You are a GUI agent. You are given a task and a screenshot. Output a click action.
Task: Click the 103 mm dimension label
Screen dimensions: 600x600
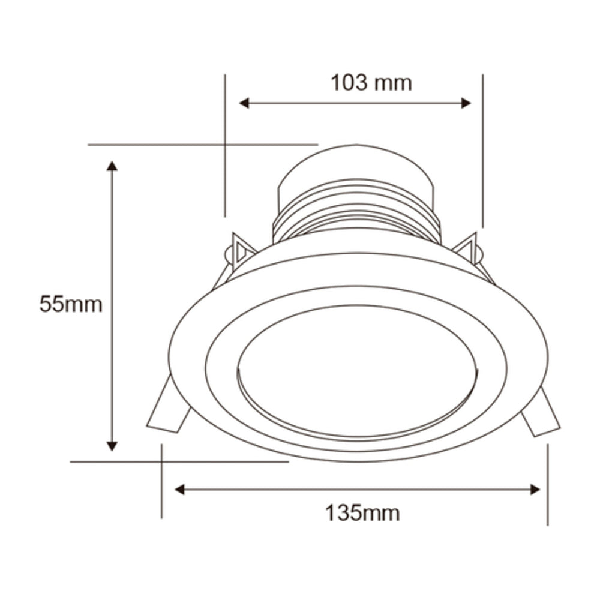click(x=371, y=83)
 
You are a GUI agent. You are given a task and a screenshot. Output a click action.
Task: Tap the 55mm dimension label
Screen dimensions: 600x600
click(x=71, y=304)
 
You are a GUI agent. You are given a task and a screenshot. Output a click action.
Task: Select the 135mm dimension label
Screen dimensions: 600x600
click(x=362, y=513)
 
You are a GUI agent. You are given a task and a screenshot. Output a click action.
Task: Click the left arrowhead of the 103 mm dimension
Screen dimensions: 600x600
click(x=244, y=103)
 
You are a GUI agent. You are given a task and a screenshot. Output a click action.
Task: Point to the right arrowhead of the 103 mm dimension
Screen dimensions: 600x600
click(x=466, y=103)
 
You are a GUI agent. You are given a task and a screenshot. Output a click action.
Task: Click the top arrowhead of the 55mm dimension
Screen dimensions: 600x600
click(x=112, y=166)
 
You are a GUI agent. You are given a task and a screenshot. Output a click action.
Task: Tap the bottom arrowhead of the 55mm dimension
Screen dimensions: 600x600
click(x=112, y=445)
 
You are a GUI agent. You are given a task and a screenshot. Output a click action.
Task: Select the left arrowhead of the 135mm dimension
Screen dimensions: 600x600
click(x=179, y=490)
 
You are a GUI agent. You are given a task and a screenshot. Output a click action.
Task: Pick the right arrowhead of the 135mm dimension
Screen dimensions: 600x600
click(x=535, y=490)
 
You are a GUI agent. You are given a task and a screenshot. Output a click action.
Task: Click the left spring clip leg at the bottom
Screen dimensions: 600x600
click(x=167, y=410)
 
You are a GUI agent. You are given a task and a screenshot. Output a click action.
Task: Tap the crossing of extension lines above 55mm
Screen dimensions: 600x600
click(x=224, y=145)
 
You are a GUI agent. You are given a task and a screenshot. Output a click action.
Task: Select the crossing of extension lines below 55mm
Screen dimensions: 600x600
click(x=161, y=462)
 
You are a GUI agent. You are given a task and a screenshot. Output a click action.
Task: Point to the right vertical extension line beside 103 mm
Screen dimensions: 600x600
click(x=482, y=150)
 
